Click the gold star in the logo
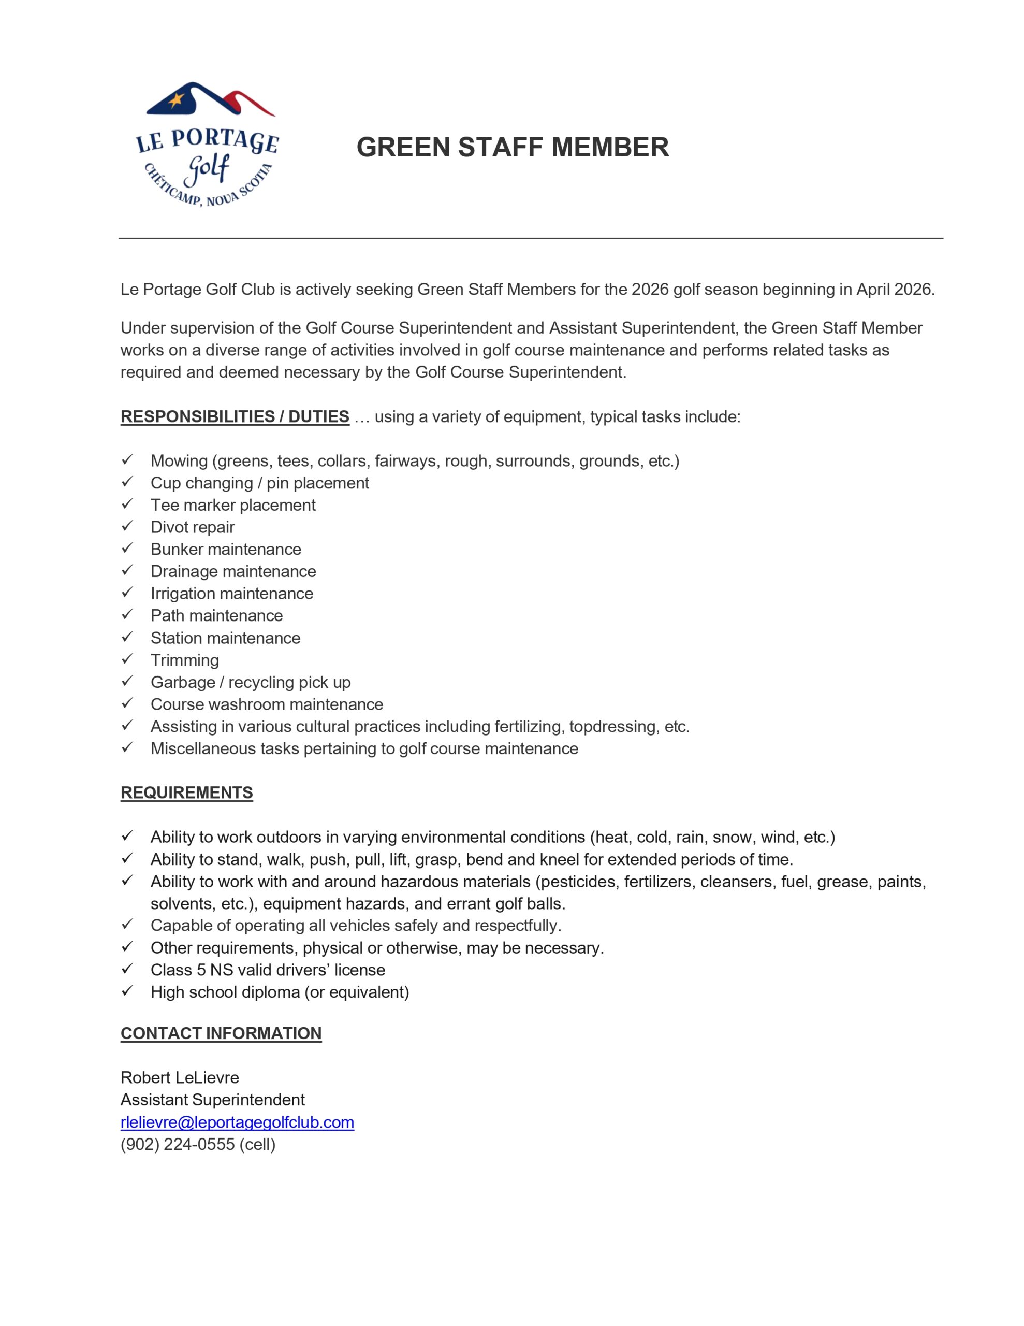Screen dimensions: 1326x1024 176,99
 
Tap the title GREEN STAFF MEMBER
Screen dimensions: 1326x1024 513,148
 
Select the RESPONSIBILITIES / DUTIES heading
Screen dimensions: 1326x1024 235,416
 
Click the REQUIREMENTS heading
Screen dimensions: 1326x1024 186,792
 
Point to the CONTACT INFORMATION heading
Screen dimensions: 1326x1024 221,1033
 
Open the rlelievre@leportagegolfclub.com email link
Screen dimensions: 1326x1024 237,1121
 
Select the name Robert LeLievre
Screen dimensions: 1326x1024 180,1077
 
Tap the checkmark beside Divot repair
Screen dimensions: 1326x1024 127,526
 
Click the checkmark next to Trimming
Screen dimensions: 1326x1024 127,659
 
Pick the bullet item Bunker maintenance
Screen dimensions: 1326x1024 226,549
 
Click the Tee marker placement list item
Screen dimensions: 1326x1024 233,505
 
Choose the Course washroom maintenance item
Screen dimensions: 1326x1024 267,704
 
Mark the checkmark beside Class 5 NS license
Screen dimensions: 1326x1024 127,969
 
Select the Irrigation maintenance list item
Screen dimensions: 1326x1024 232,593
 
